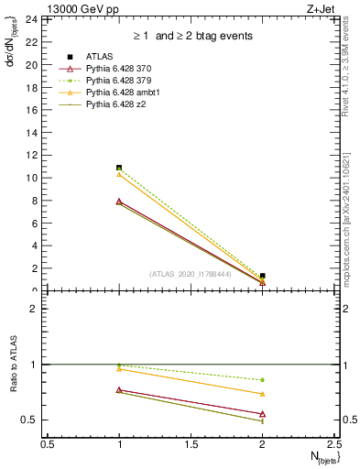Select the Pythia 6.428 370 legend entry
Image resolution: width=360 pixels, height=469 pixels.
(117, 70)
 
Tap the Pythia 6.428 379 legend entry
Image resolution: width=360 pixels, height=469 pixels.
(117, 82)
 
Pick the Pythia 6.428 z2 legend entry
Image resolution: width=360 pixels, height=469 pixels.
(115, 105)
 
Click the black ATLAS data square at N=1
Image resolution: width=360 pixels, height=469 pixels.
(119, 168)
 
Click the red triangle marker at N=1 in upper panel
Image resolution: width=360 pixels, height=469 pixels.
(119, 201)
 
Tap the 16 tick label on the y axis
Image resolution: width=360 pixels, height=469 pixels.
(31, 110)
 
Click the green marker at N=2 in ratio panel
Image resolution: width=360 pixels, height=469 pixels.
(262, 379)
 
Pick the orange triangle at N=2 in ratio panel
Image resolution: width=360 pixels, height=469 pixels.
(262, 394)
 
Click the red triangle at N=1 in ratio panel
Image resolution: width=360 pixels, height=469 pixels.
(119, 389)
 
